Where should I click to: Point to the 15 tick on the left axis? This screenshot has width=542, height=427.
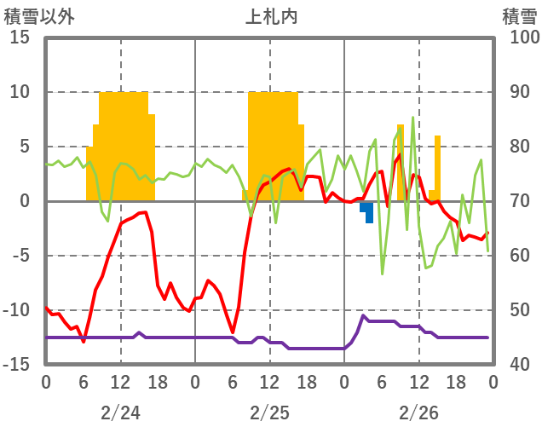20,38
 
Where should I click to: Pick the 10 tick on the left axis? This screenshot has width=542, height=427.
20,92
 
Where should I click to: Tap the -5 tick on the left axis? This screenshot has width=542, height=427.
20,256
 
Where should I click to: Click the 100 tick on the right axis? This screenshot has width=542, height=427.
517,38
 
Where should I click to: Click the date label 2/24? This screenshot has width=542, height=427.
120,412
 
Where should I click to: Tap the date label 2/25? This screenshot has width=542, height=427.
269,412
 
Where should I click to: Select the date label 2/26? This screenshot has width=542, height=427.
418,412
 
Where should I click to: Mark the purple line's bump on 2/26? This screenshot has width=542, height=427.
364,317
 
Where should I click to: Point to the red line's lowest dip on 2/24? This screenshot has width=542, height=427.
84,341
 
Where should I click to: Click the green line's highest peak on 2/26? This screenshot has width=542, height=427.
413,118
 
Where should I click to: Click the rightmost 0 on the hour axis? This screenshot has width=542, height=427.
493,381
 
